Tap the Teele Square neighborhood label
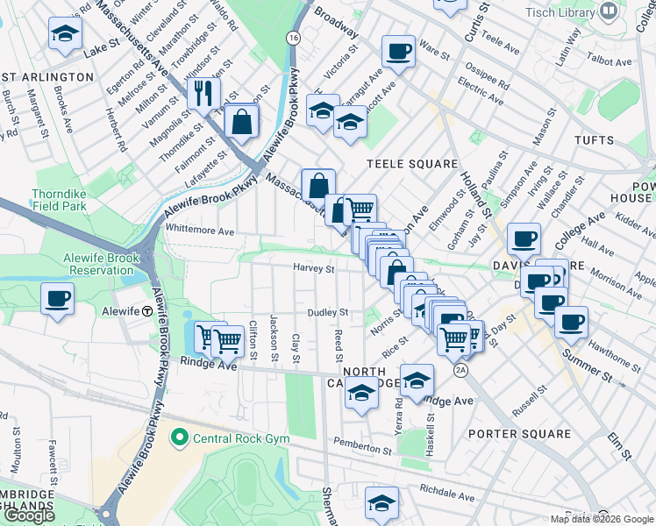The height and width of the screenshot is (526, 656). click(411, 164)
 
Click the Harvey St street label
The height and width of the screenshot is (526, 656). click(315, 268)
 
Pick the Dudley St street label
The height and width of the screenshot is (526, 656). click(327, 312)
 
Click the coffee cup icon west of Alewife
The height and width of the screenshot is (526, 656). click(58, 299)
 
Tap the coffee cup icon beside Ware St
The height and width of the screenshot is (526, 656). click(398, 51)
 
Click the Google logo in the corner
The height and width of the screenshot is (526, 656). click(29, 516)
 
